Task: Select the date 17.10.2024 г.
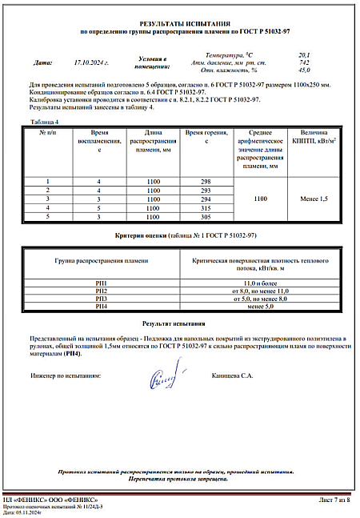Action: [90, 62]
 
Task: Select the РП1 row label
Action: [101, 283]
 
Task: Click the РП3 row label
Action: [101, 299]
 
